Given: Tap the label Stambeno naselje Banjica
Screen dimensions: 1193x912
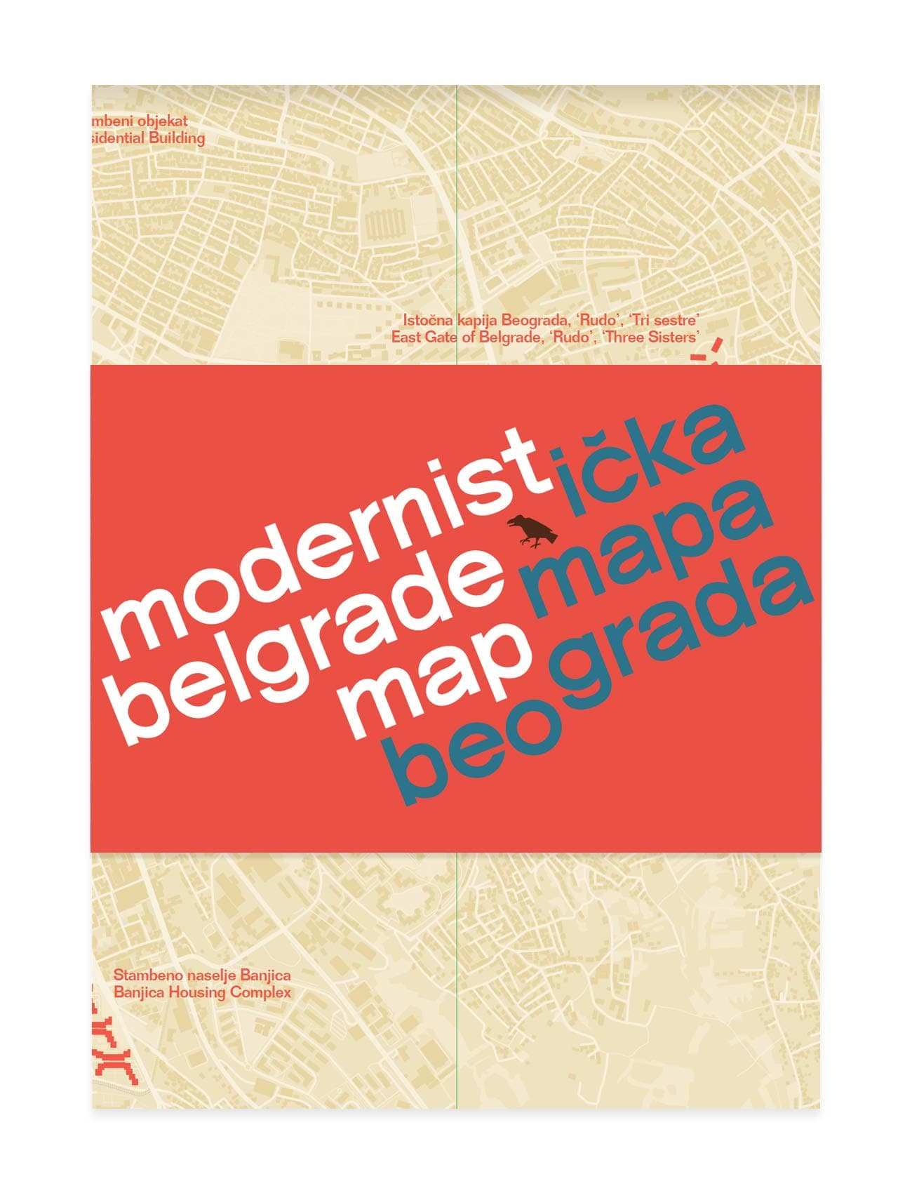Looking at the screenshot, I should (202, 975).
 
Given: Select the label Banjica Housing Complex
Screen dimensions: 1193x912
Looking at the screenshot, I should (202, 992).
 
